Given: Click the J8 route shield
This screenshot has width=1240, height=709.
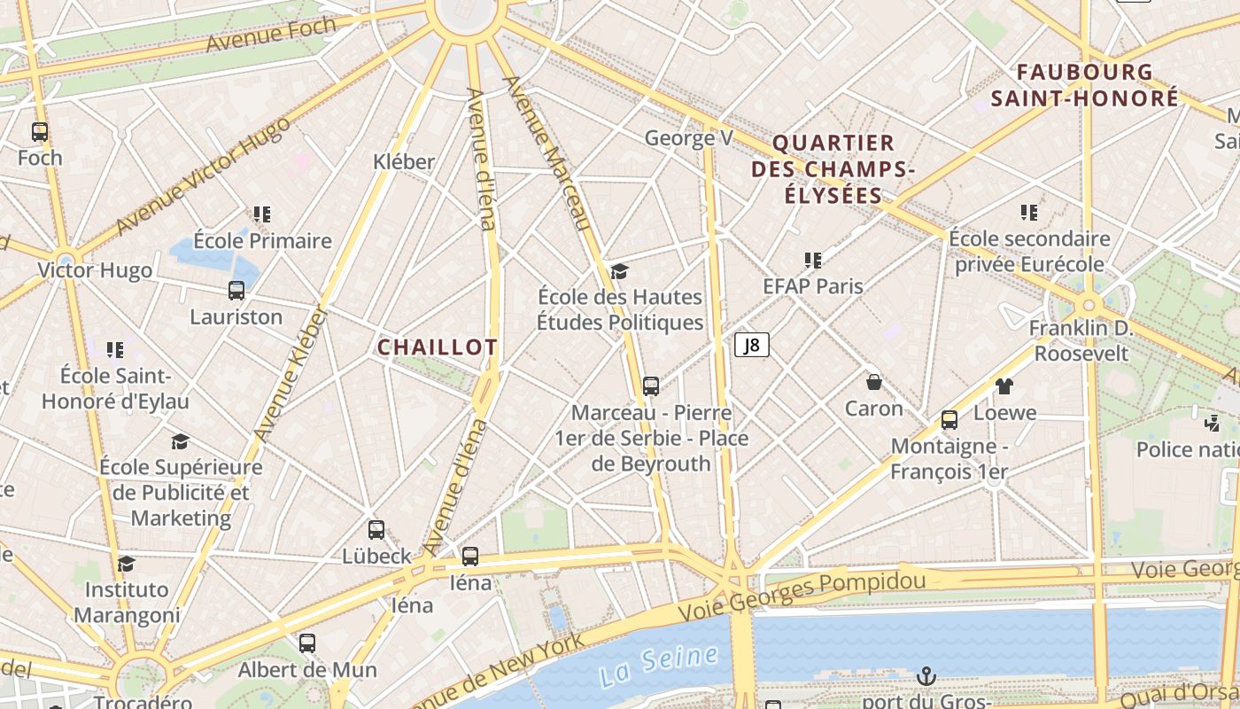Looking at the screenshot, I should click(x=751, y=345).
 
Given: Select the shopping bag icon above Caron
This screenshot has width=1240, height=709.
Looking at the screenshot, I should click(x=874, y=382).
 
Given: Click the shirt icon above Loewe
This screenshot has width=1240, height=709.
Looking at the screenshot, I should click(x=1004, y=386).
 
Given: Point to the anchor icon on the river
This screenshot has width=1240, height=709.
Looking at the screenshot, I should click(x=926, y=677).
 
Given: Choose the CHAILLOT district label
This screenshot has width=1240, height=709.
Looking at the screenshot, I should click(x=438, y=347).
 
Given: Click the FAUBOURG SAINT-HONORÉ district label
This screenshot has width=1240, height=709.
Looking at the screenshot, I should click(x=1085, y=85).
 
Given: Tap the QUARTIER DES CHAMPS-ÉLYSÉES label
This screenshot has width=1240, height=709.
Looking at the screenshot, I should click(x=833, y=168).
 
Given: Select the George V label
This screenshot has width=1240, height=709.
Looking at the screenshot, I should click(x=689, y=138).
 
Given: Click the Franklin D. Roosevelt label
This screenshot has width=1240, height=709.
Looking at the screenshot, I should click(x=1081, y=341).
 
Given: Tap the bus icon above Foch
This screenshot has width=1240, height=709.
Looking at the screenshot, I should click(x=40, y=132).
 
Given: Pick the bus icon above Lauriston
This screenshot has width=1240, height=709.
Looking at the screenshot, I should click(x=236, y=291).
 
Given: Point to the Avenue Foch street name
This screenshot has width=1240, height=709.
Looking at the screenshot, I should click(x=271, y=34).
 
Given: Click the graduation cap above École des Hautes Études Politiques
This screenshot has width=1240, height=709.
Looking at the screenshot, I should click(x=619, y=271).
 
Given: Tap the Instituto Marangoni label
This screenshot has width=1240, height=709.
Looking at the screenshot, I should click(x=127, y=602).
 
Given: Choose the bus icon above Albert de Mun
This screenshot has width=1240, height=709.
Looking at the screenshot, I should click(x=307, y=643).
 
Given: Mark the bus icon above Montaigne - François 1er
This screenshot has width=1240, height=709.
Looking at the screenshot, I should click(x=949, y=420).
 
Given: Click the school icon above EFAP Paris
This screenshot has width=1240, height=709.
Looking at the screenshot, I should click(x=813, y=261).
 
